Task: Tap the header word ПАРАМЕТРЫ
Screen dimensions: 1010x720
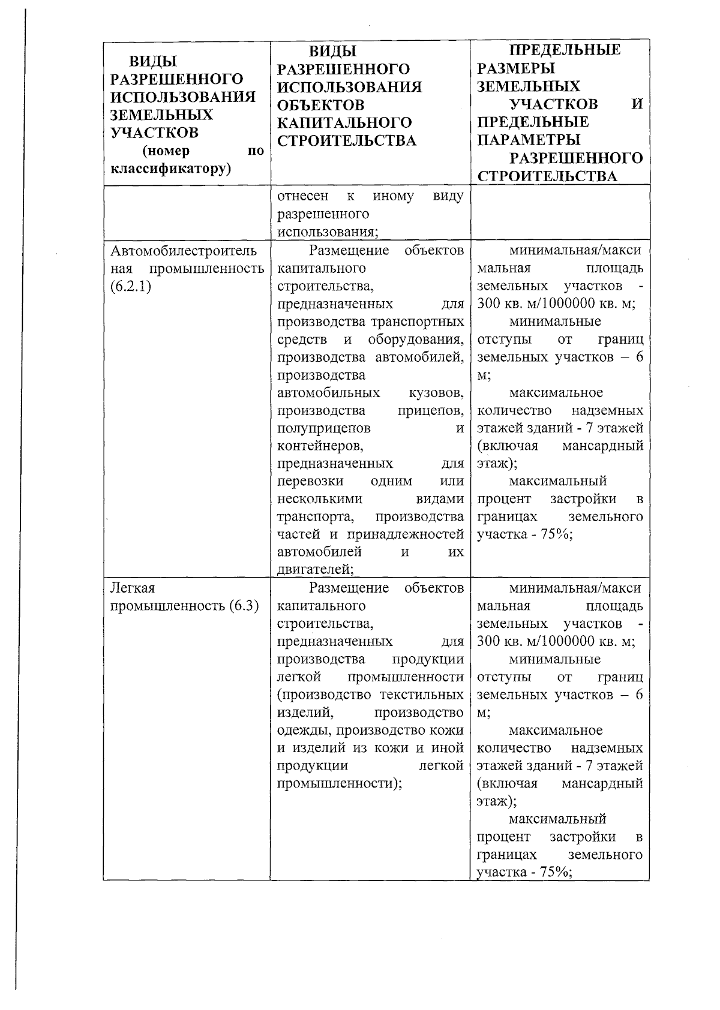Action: [x=529, y=140]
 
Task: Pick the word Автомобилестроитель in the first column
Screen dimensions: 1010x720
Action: [x=184, y=250]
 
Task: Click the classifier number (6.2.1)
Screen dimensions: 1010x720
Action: [x=131, y=286]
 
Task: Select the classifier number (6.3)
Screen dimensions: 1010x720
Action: [x=244, y=606]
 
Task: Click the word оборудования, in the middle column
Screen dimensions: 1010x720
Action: [x=416, y=339]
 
